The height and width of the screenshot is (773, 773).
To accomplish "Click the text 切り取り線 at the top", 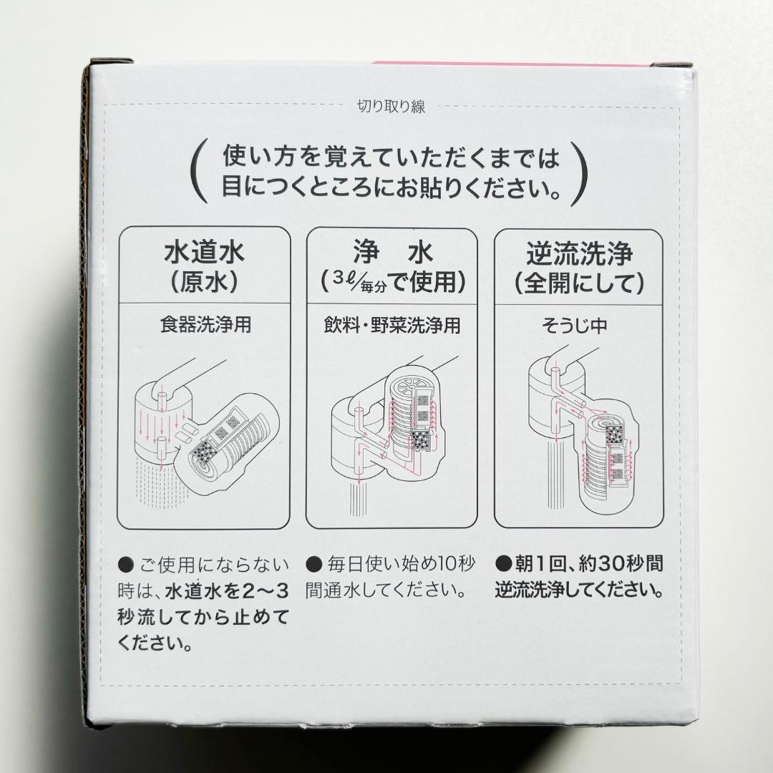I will tap(391, 108).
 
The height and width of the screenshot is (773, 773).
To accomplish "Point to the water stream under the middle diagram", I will tap(356, 497).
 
